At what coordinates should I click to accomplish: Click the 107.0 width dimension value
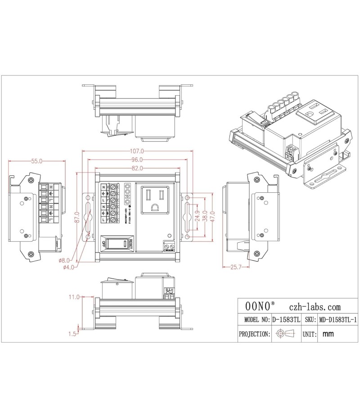[x=138, y=151]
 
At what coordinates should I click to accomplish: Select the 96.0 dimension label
[x=137, y=160]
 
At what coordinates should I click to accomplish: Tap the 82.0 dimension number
[x=137, y=169]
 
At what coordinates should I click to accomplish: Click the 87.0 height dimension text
[x=77, y=218]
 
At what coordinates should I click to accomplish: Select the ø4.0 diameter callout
[x=69, y=267]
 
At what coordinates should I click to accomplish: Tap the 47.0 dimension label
[x=212, y=218]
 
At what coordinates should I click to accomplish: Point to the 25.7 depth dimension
[x=236, y=267]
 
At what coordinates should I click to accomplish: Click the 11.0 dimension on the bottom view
[x=74, y=297]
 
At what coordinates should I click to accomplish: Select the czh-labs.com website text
[x=315, y=307]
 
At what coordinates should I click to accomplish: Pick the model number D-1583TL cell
[x=286, y=320]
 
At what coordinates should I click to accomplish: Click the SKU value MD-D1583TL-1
[x=337, y=320]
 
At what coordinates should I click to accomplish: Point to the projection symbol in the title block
[x=286, y=334]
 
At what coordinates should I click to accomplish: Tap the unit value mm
[x=328, y=334]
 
